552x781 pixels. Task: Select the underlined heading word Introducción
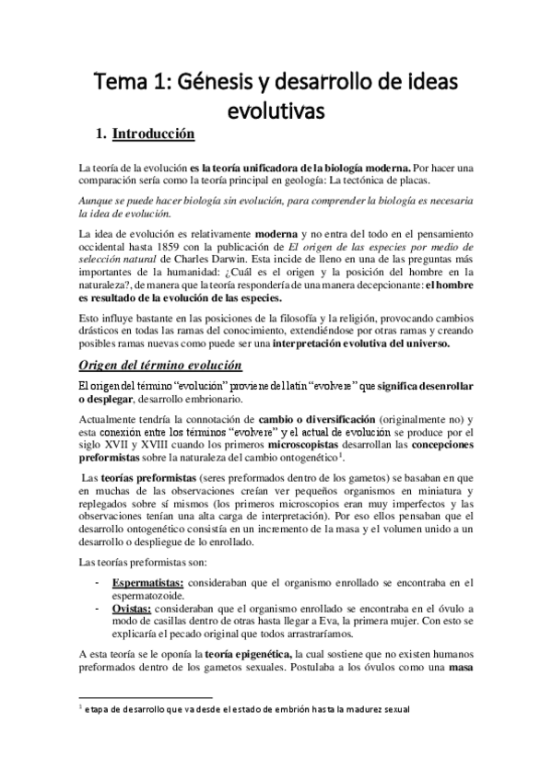tap(153, 135)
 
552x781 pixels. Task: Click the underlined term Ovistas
tap(133, 610)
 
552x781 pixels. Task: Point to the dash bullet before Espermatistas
tap(98, 583)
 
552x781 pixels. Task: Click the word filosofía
tap(289, 319)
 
